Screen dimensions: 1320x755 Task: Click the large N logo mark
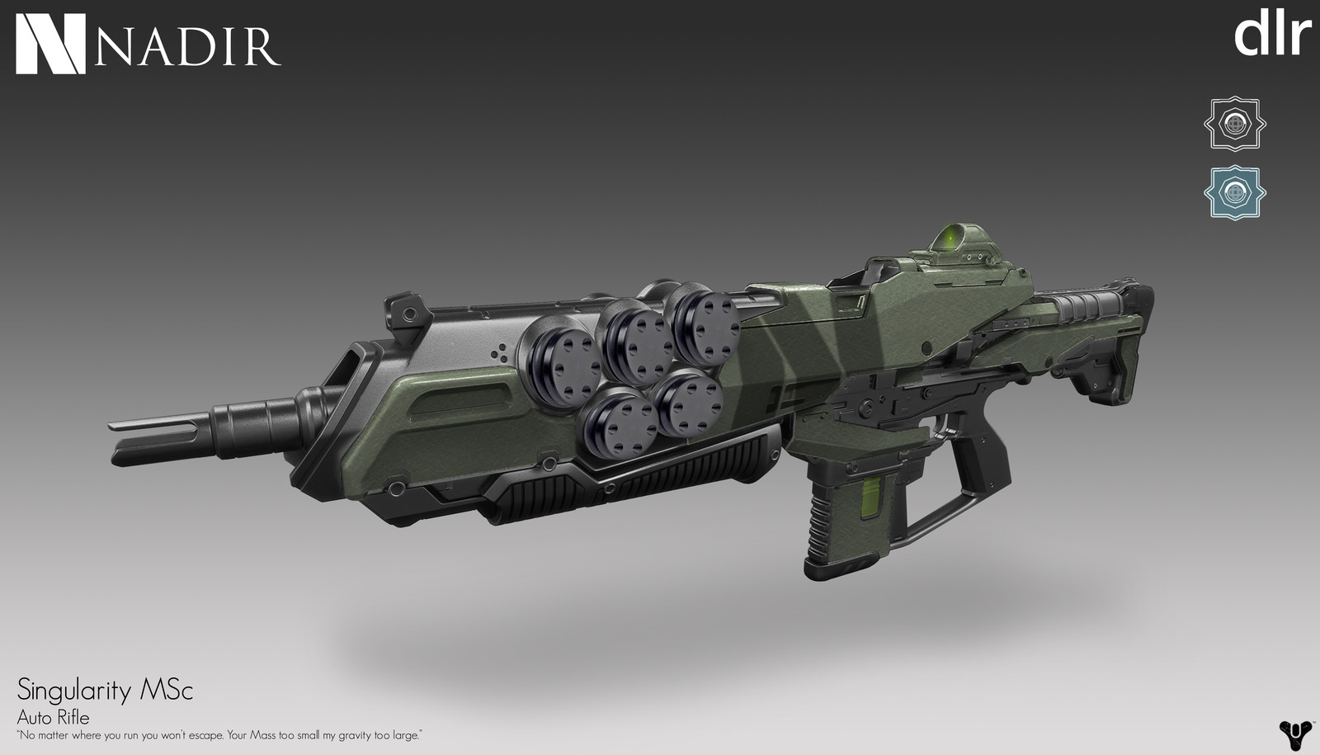tap(50, 44)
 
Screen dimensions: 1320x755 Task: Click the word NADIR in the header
tap(187, 45)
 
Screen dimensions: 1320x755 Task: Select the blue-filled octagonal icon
tap(1234, 192)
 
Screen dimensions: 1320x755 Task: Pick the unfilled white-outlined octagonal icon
tap(1234, 124)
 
